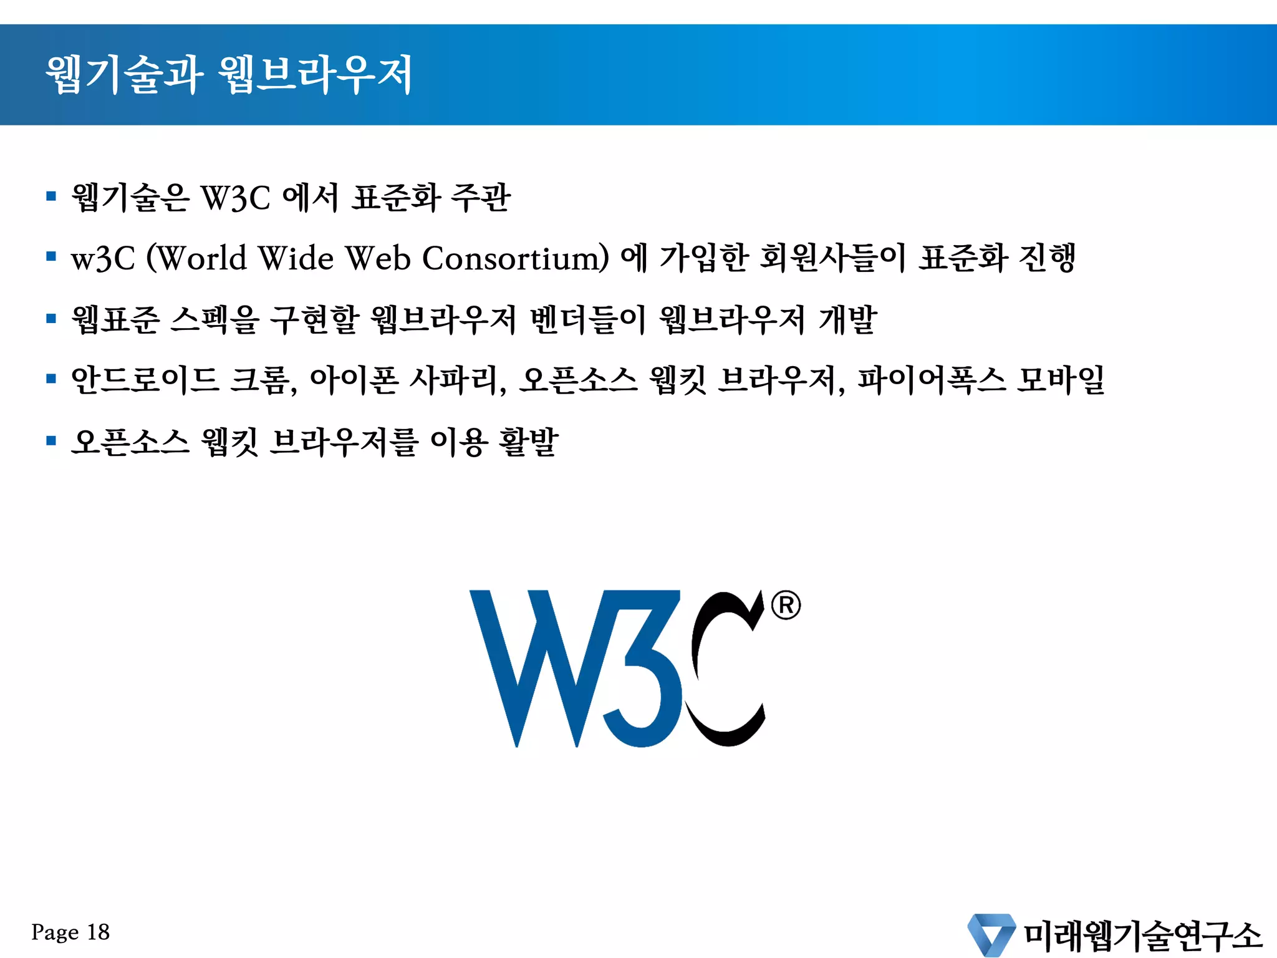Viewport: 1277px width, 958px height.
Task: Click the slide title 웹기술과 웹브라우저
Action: tap(229, 75)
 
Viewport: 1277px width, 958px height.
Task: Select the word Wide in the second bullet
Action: tap(296, 258)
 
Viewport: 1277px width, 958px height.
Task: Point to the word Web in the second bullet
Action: tap(378, 258)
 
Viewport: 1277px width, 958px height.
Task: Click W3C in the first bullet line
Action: tap(235, 198)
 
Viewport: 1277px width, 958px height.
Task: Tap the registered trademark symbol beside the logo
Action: tap(786, 605)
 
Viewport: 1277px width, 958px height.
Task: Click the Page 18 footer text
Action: tap(70, 932)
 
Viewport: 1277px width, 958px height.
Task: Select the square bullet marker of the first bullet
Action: tap(51, 196)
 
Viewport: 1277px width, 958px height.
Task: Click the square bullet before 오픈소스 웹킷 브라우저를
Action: tap(51, 441)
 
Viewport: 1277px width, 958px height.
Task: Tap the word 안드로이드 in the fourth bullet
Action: tap(145, 380)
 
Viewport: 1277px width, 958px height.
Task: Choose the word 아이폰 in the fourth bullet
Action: tap(354, 380)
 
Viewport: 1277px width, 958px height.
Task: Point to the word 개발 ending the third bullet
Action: tap(847, 320)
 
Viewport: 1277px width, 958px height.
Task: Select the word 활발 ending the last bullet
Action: tap(528, 442)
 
